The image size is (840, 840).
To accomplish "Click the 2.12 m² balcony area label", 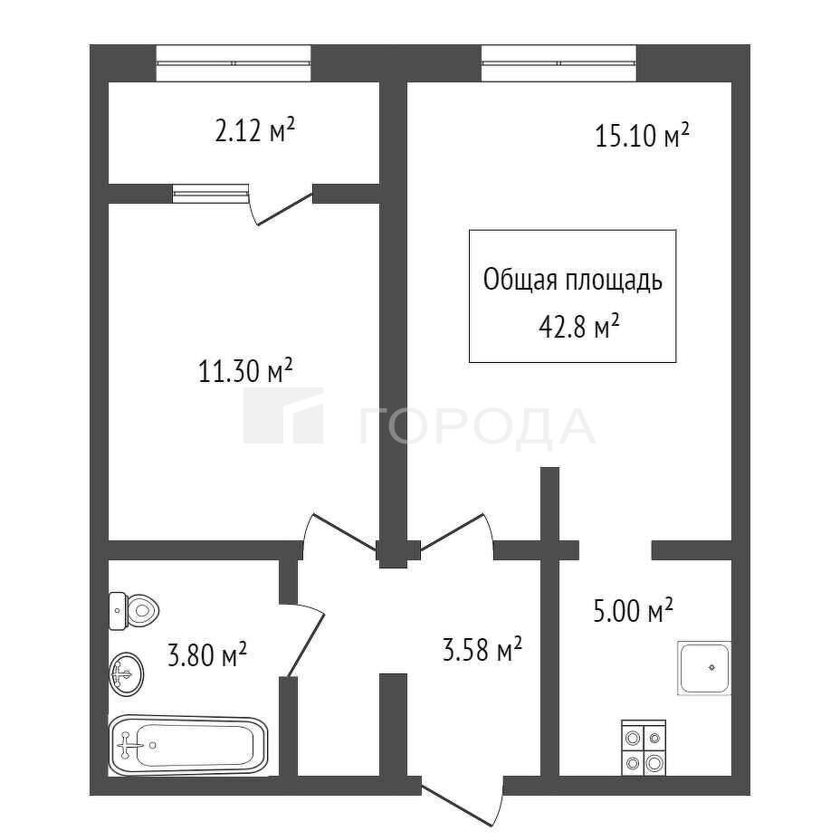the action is tap(254, 130).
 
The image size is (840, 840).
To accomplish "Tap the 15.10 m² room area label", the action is tap(642, 136).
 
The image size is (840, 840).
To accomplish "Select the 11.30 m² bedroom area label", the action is tap(245, 371).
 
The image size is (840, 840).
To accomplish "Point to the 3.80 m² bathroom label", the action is tap(206, 654).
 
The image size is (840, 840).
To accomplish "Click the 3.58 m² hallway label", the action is tap(482, 650).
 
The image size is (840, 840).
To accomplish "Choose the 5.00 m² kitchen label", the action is tap(633, 611).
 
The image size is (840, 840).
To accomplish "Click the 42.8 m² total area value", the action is tap(579, 326).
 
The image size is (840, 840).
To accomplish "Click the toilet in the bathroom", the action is tap(135, 611).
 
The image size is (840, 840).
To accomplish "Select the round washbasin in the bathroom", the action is tap(127, 674).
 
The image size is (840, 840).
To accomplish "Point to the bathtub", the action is tap(188, 745).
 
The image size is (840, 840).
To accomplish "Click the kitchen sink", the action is tap(704, 668).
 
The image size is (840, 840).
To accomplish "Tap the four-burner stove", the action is tap(644, 748).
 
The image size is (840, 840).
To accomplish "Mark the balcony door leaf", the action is tap(285, 209).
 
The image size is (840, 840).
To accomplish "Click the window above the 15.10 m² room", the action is tap(558, 63).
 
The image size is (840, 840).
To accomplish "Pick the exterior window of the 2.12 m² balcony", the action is tap(234, 63).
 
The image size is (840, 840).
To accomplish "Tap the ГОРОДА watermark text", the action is tap(478, 426).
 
